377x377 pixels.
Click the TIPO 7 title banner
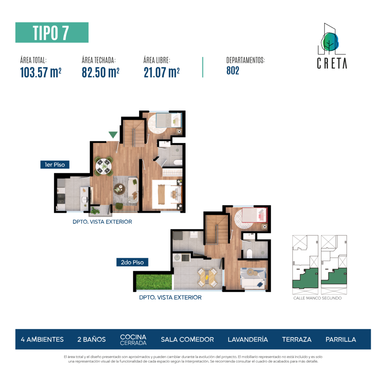pos(52,32)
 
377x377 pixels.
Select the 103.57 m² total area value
pos(40,72)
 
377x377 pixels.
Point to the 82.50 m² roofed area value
pos(101,72)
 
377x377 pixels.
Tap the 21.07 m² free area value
pos(162,72)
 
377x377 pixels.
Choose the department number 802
pos(233,71)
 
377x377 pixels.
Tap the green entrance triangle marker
pos(113,135)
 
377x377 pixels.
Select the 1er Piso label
pos(55,165)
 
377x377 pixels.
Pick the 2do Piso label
pos(132,262)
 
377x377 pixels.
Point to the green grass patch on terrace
pos(154,282)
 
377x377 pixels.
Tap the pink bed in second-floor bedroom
pos(254,215)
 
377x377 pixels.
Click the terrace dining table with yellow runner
pos(207,277)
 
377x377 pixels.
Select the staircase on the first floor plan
pos(134,133)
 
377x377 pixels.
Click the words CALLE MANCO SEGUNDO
pos(317,298)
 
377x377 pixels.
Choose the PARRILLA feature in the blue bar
pos(341,339)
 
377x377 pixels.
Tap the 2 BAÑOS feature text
pos(91,339)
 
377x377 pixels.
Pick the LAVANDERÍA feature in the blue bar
pos(248,339)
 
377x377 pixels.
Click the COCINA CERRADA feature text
pos(133,340)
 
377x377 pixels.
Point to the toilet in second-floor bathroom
pos(249,254)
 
